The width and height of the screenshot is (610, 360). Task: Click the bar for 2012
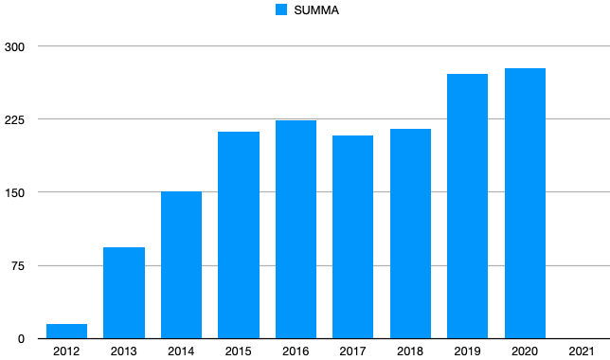coord(66,332)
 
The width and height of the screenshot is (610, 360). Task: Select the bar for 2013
coord(124,293)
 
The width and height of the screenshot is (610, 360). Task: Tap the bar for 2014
coord(181,265)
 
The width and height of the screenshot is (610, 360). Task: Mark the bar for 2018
coord(410,234)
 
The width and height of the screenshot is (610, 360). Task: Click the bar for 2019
coord(467,207)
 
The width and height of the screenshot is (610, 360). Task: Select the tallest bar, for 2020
coord(525,204)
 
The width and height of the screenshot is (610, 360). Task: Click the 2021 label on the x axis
coord(582,351)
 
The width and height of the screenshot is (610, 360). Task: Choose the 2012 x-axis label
coord(66,351)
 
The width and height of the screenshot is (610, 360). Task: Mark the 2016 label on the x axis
coord(296,351)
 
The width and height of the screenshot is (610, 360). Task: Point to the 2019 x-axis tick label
coord(467,351)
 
